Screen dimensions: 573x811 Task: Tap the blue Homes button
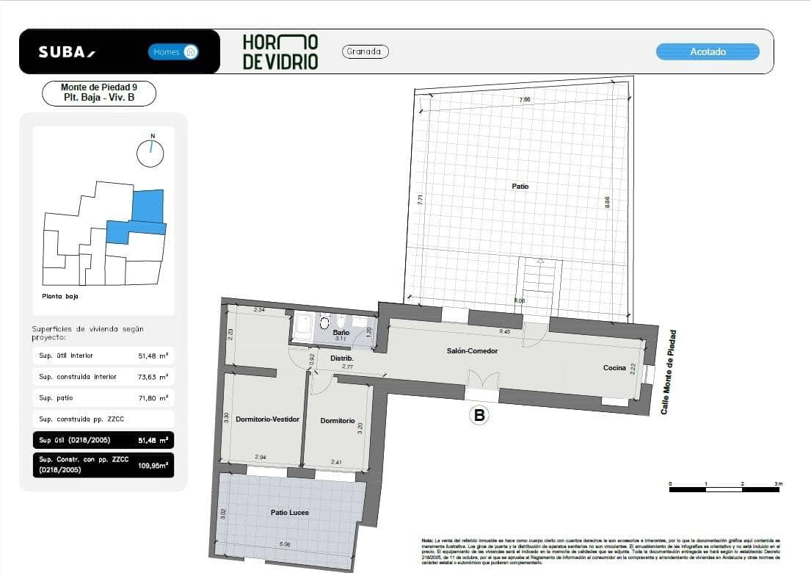[173, 52]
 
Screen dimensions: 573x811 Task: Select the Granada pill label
[365, 51]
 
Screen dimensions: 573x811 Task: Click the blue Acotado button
[708, 51]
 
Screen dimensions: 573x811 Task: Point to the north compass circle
[150, 153]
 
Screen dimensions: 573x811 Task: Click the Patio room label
[520, 187]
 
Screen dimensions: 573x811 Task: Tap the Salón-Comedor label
[472, 351]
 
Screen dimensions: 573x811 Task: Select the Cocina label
[614, 367]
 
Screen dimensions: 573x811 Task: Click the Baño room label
[341, 333]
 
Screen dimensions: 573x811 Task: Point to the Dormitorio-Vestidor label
[267, 419]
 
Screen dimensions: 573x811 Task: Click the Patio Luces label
[289, 512]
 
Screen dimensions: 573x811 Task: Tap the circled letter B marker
[479, 416]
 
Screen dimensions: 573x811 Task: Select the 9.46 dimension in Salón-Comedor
[504, 332]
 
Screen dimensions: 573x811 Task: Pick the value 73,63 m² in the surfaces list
[153, 377]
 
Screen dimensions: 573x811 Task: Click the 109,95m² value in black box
[153, 465]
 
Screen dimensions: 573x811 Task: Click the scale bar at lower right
[725, 488]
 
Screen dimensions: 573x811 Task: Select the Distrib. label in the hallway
[342, 358]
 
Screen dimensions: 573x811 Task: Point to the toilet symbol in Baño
[325, 322]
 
